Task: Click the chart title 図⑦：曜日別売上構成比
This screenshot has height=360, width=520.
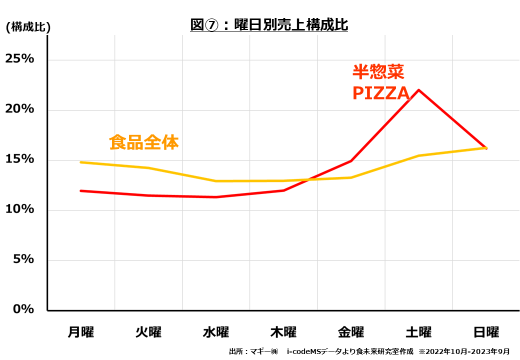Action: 269,24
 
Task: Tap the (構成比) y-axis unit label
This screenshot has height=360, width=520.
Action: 28,27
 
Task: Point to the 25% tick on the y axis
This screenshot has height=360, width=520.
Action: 19,59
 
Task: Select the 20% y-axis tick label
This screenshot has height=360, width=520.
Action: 19,109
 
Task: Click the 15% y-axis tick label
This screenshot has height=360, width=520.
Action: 19,159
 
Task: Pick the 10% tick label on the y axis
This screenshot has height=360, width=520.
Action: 19,209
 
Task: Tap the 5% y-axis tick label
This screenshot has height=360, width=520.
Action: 23,259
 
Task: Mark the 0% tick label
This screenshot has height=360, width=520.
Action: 23,309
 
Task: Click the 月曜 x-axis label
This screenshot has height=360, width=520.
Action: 81,332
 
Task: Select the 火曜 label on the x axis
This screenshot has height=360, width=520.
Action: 148,332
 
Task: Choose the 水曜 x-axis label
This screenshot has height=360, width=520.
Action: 216,332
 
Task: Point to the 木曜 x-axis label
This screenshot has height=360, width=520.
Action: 283,332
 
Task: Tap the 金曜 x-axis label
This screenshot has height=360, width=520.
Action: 351,332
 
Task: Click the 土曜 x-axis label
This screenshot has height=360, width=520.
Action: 418,332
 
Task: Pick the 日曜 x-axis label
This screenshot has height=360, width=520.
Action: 486,332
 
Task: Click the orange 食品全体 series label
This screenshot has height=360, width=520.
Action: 144,143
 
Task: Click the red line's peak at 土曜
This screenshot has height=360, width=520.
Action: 418,90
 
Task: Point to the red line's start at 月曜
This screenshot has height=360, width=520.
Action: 81,190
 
